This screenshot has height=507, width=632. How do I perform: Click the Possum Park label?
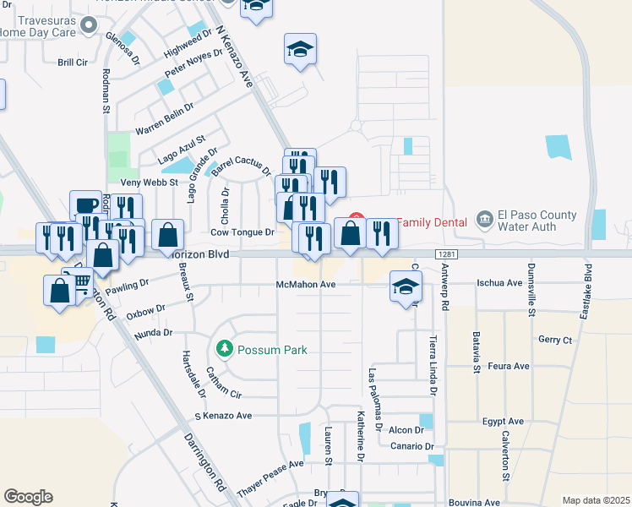[272, 350]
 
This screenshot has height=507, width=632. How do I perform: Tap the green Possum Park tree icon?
[224, 347]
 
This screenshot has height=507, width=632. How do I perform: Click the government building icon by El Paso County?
[485, 219]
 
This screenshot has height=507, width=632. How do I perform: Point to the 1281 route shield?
[447, 254]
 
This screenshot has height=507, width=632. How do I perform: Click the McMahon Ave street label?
[306, 285]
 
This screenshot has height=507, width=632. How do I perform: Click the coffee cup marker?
[85, 204]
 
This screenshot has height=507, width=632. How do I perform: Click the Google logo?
[28, 496]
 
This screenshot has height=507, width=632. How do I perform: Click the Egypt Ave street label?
[504, 421]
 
